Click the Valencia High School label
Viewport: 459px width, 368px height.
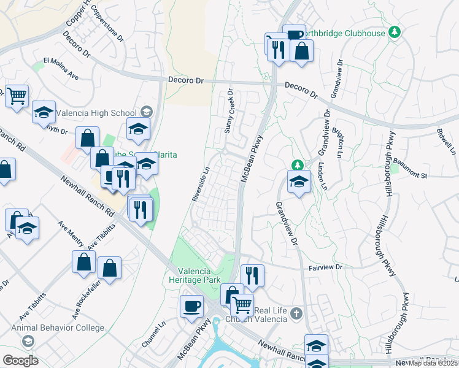[96, 113]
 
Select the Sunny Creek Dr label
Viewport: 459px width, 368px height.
[229, 112]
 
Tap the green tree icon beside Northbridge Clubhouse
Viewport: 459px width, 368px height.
[396, 32]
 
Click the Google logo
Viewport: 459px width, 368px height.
[20, 361]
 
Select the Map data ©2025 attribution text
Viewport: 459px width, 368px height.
[433, 363]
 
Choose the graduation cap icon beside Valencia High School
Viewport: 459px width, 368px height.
[146, 112]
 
